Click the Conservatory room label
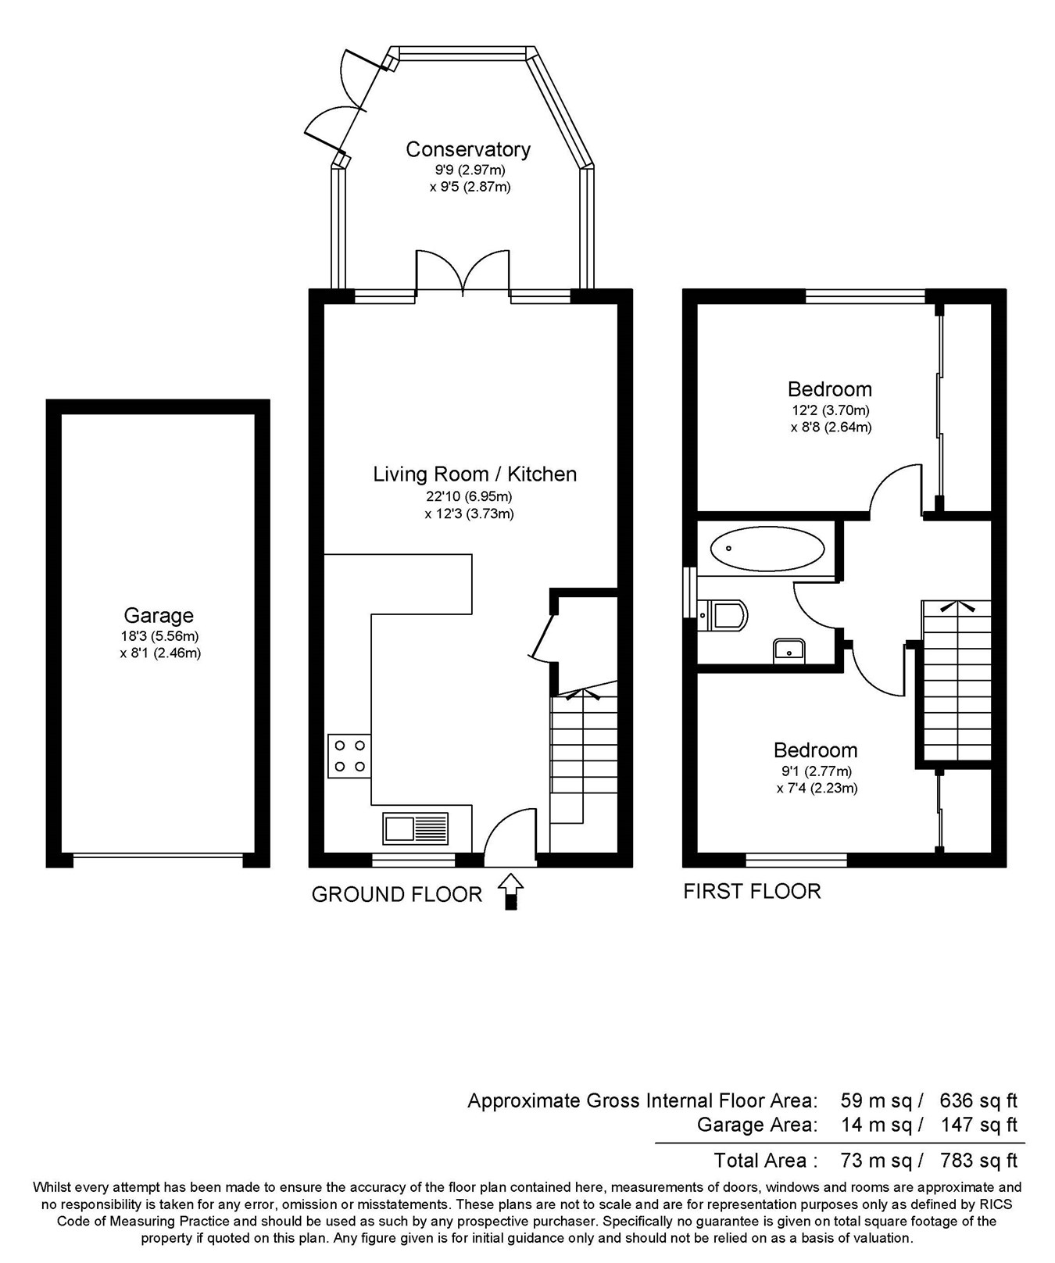coord(467,148)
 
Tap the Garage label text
coord(159,616)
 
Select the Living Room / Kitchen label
coord(474,474)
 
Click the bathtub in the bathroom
coord(767,549)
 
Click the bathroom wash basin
coord(789,649)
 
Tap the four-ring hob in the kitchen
coord(349,756)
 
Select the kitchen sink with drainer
coord(416,828)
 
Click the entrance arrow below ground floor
coord(510,891)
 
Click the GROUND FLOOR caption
coord(396,894)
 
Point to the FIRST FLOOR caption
coord(752,891)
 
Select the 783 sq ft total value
coord(978,1160)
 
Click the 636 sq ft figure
coord(978,1100)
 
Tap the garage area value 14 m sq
coord(876,1125)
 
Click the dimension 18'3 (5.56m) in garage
coord(159,636)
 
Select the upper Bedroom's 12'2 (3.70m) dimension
coord(828,410)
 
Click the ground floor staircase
coord(584,758)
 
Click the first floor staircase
coord(957,680)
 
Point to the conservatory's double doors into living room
coord(463,273)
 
